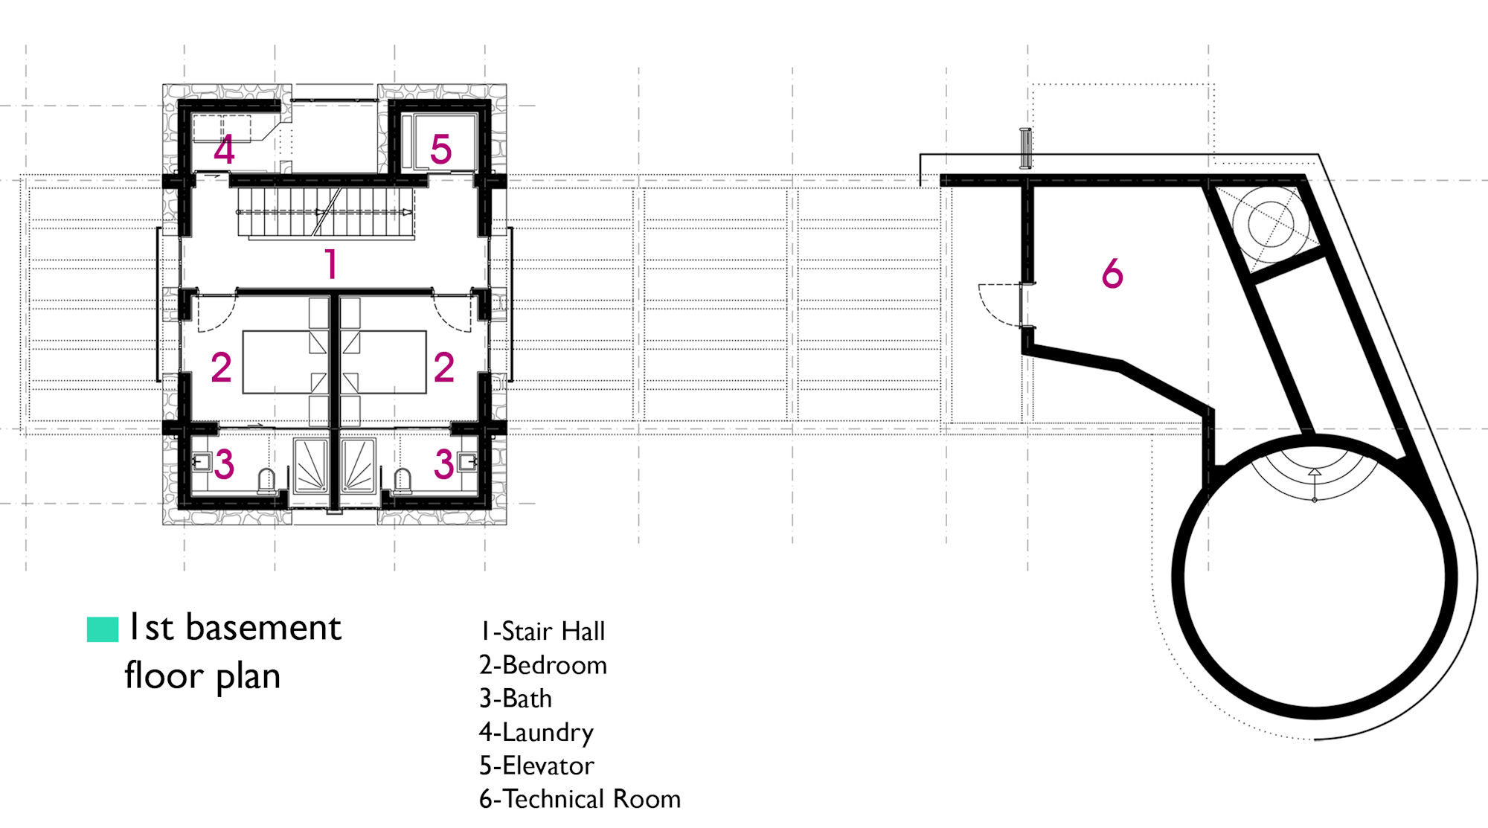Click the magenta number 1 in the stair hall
point(332,264)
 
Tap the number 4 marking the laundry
point(224,150)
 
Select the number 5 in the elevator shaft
point(441,150)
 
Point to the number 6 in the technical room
point(1112,273)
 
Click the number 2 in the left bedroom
point(221,368)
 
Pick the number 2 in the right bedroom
point(444,368)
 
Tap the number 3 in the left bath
point(224,464)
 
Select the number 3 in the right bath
point(444,464)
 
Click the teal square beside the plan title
point(103,629)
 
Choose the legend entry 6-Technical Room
point(580,799)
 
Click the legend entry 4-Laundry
point(536,733)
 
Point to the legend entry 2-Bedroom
point(543,665)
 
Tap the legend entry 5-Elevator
point(536,766)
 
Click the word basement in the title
point(263,627)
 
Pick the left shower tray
point(311,466)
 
